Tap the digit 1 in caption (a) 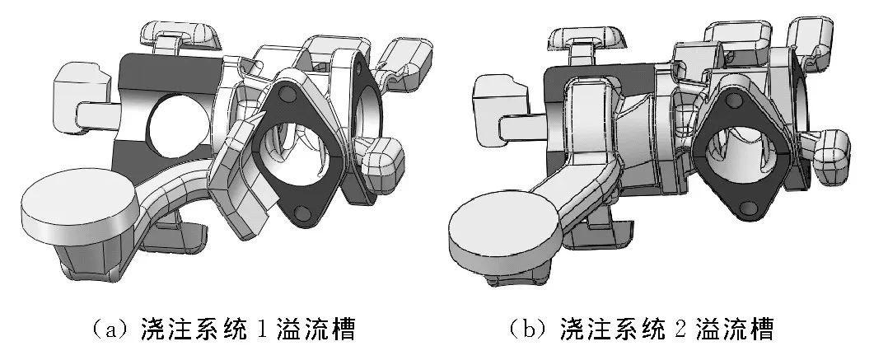pos(260,329)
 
